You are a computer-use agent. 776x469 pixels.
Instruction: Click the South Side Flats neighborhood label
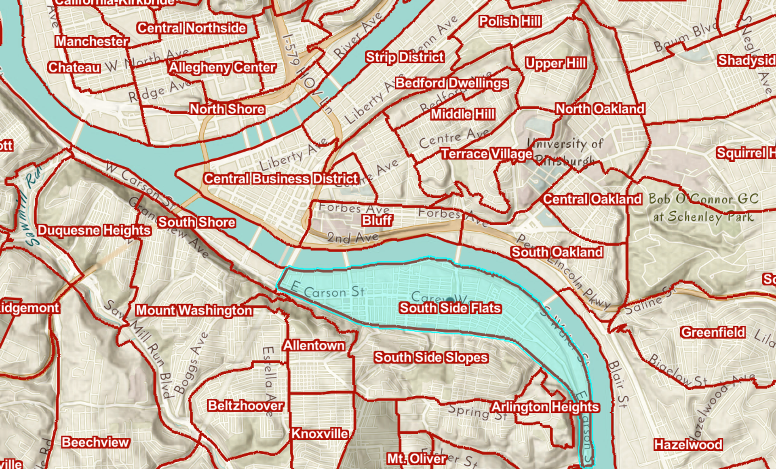[450, 308]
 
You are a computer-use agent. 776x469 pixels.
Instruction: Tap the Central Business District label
[281, 178]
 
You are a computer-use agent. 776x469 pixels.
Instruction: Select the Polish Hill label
[510, 21]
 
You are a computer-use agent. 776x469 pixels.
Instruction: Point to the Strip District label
[405, 57]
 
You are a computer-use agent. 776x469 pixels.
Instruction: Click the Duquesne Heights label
[94, 230]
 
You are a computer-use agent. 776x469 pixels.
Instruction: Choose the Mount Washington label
[194, 310]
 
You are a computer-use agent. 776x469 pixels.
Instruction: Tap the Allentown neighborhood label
[314, 346]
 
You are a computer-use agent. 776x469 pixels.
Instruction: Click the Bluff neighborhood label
[377, 221]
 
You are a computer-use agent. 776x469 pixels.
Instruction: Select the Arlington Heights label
[544, 407]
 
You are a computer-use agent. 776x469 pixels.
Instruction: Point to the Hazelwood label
[688, 445]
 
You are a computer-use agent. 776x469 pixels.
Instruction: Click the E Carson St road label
[327, 291]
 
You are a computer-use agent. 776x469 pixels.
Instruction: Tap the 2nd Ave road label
[352, 238]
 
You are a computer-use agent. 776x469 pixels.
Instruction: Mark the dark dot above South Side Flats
[450, 299]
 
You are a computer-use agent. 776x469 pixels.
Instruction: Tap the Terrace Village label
[487, 154]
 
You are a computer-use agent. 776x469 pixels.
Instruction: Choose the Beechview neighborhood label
[95, 442]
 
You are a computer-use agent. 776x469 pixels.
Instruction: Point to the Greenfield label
[713, 333]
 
